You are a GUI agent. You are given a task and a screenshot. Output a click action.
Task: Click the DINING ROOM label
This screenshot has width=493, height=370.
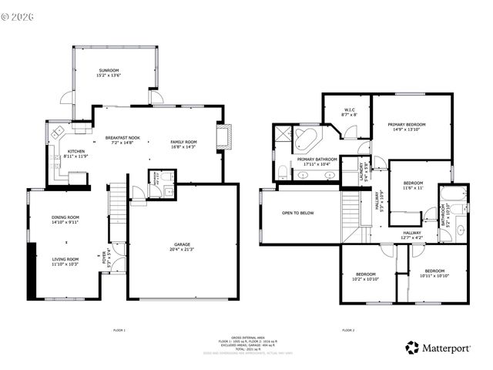point(65,220)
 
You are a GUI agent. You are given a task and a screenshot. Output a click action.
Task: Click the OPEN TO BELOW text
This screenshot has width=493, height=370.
point(297,213)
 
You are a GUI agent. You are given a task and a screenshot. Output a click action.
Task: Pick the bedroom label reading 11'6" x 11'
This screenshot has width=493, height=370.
point(414,185)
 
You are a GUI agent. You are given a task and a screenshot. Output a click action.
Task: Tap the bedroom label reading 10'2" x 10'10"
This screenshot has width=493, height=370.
point(366,276)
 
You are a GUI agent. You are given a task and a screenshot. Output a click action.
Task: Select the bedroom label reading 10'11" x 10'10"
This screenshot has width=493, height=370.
point(434,273)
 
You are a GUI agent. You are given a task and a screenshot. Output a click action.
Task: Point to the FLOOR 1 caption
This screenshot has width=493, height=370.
point(119,330)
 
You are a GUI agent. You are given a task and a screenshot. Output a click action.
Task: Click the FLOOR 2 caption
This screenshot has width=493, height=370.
point(348,330)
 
